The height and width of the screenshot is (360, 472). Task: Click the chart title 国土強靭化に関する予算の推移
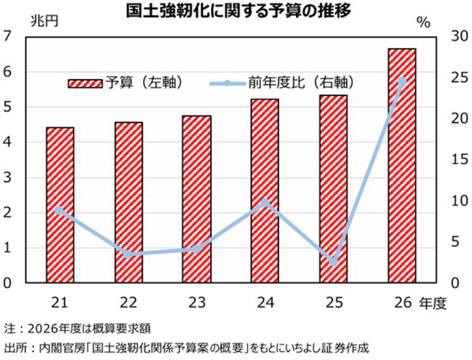coord(236,12)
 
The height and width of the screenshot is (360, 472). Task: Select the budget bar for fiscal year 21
coord(60,205)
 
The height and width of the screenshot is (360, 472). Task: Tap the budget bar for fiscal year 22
coord(128,202)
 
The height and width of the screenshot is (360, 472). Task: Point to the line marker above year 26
coord(402,81)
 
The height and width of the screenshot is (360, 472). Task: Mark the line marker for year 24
coord(265,202)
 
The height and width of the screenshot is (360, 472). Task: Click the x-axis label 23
coord(197,303)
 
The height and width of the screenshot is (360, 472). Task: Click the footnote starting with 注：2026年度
coord(77,328)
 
